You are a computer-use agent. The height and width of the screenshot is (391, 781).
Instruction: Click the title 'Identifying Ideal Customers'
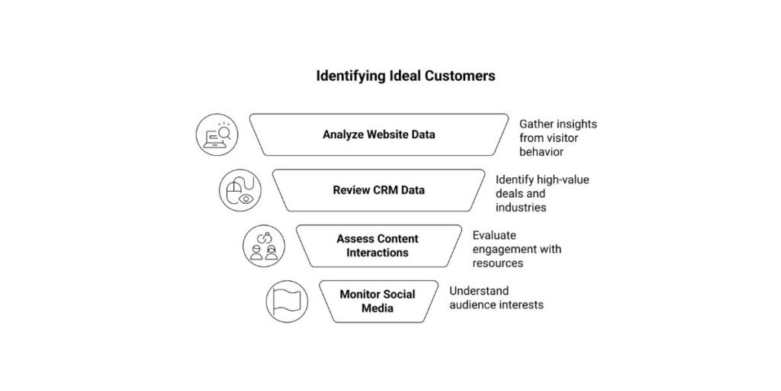(x=405, y=76)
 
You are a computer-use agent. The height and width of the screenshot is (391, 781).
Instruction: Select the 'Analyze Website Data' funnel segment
(x=379, y=134)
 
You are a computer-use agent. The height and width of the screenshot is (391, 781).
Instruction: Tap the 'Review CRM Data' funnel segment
(x=379, y=190)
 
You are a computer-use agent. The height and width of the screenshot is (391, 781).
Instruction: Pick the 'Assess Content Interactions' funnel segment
(x=378, y=246)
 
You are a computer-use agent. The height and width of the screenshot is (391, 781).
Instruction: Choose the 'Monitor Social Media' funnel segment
(x=378, y=301)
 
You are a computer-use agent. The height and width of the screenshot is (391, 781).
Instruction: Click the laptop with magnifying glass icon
(x=217, y=134)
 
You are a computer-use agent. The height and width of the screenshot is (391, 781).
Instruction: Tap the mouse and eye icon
(x=240, y=190)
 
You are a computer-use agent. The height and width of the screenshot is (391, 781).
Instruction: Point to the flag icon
(x=286, y=301)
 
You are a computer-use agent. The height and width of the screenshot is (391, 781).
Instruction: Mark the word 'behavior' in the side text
(x=542, y=151)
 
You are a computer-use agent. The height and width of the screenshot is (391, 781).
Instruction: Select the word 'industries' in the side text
(x=521, y=207)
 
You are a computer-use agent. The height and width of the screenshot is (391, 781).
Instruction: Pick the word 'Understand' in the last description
(x=479, y=291)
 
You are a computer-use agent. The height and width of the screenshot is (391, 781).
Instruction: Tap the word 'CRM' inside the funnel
(x=384, y=190)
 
